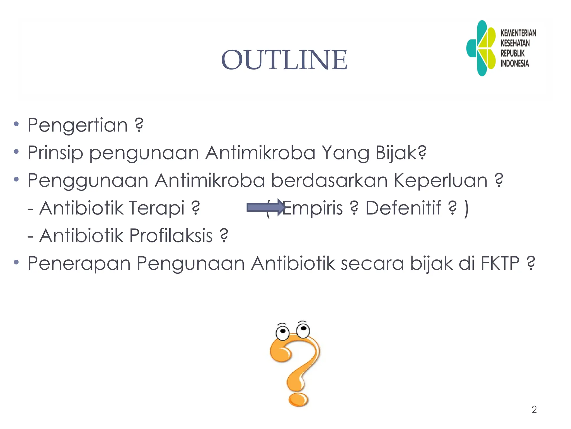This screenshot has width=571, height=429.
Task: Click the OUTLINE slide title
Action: coord(284,60)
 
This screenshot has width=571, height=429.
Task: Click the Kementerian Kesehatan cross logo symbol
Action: coord(481,48)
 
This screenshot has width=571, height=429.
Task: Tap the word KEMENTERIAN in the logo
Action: coord(518,33)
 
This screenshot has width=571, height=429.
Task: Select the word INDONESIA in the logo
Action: coord(515,63)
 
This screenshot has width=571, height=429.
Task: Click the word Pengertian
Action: coord(78,125)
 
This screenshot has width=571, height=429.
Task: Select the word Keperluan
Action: coord(441,181)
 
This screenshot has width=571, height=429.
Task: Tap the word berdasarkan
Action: coord(329,180)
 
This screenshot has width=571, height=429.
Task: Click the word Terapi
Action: coord(156,208)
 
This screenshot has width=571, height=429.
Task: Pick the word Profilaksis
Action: coord(171,236)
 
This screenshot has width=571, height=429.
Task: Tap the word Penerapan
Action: coord(79,264)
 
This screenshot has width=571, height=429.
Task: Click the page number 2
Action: coord(534,409)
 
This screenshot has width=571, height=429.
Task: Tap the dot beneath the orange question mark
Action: coord(298,400)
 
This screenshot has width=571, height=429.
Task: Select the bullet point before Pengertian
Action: coord(16,124)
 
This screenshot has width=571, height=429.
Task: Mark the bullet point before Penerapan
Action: coord(16,262)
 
